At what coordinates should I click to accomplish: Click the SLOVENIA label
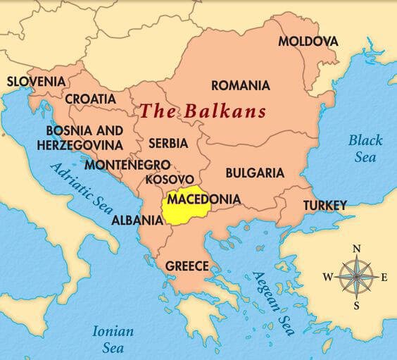(36, 81)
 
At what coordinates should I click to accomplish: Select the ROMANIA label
(240, 85)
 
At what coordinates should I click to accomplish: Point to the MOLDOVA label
(308, 41)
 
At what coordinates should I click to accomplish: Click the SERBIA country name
(168, 143)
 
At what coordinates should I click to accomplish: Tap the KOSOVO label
(170, 180)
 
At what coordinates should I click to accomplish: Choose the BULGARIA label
(255, 173)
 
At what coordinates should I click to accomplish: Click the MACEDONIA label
(204, 199)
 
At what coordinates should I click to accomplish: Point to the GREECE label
(187, 266)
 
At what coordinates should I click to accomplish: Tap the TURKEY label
(324, 205)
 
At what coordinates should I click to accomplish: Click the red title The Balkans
(203, 111)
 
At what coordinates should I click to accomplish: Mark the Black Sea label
(365, 148)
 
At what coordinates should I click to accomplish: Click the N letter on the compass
(357, 248)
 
